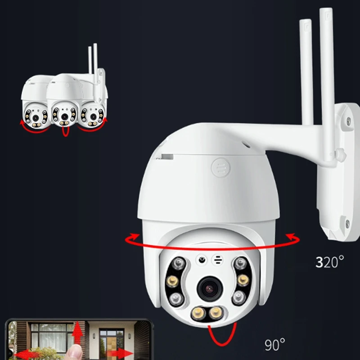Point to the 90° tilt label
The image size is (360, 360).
coord(274,345)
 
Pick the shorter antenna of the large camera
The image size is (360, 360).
coord(306,72)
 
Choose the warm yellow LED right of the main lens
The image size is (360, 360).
coord(243,281)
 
